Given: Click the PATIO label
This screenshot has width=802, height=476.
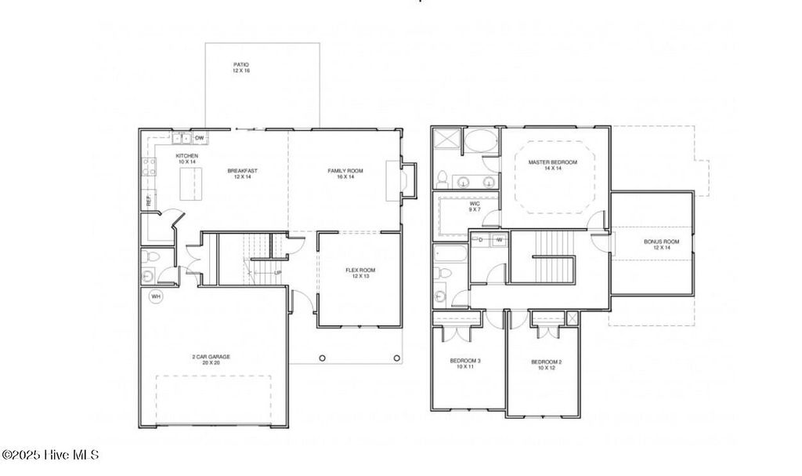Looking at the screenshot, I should [x=241, y=64].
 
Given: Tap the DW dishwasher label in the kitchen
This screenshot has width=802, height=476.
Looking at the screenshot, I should [x=200, y=138].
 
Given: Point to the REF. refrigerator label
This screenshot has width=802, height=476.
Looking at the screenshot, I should [x=148, y=201].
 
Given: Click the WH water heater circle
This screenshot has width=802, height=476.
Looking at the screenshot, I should [x=156, y=296].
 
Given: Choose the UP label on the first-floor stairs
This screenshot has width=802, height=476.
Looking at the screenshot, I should [x=278, y=273].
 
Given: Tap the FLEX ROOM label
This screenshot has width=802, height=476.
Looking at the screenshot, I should [x=360, y=271].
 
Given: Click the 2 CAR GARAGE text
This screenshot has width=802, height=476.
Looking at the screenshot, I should [x=211, y=357].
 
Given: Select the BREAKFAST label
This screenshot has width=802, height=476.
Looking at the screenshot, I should [x=242, y=171].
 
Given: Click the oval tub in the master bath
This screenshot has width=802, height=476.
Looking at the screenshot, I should [x=479, y=143].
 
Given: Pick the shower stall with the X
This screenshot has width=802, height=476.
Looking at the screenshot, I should [x=447, y=141].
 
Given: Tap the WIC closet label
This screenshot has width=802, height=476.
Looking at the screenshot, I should [x=475, y=203].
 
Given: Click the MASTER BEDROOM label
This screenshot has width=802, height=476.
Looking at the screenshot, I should [x=552, y=162].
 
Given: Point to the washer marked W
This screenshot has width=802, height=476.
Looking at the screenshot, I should [x=498, y=239].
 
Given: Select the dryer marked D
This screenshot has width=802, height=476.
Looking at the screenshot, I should [x=480, y=239].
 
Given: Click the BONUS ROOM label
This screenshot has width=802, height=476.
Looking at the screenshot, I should [x=656, y=242].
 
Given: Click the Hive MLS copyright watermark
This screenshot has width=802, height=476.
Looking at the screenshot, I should [x=50, y=455].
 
